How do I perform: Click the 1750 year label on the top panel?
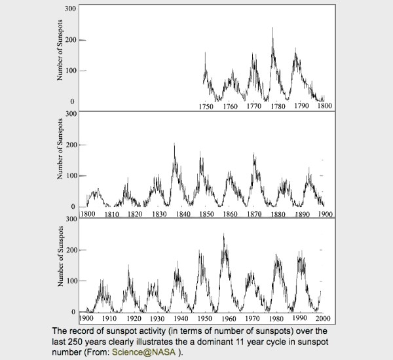pyautogui.click(x=206, y=107)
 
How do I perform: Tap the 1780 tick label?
pyautogui.click(x=278, y=107)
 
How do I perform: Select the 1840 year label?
pyautogui.click(x=183, y=214)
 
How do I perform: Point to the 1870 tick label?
pyautogui.click(x=254, y=214)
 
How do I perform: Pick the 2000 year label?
pyautogui.click(x=324, y=318)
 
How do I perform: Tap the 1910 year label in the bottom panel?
pyautogui.click(x=109, y=318)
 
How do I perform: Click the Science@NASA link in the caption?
pyautogui.click(x=143, y=352)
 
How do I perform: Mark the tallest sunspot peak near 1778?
pyautogui.click(x=272, y=27)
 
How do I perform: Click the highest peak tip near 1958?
pyautogui.click(x=223, y=234)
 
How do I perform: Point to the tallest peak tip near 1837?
pyautogui.click(x=174, y=143)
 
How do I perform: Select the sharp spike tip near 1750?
pyautogui.click(x=205, y=52)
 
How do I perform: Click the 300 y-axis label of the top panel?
pyautogui.click(x=70, y=9)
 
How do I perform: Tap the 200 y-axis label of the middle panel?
pyautogui.click(x=70, y=145)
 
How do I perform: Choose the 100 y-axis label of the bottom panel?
pyautogui.click(x=70, y=281)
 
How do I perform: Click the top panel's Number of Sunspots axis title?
pyautogui.click(x=60, y=50)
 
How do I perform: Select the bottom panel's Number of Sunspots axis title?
pyautogui.click(x=60, y=257)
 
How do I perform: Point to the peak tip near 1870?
pyautogui.click(x=253, y=153)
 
